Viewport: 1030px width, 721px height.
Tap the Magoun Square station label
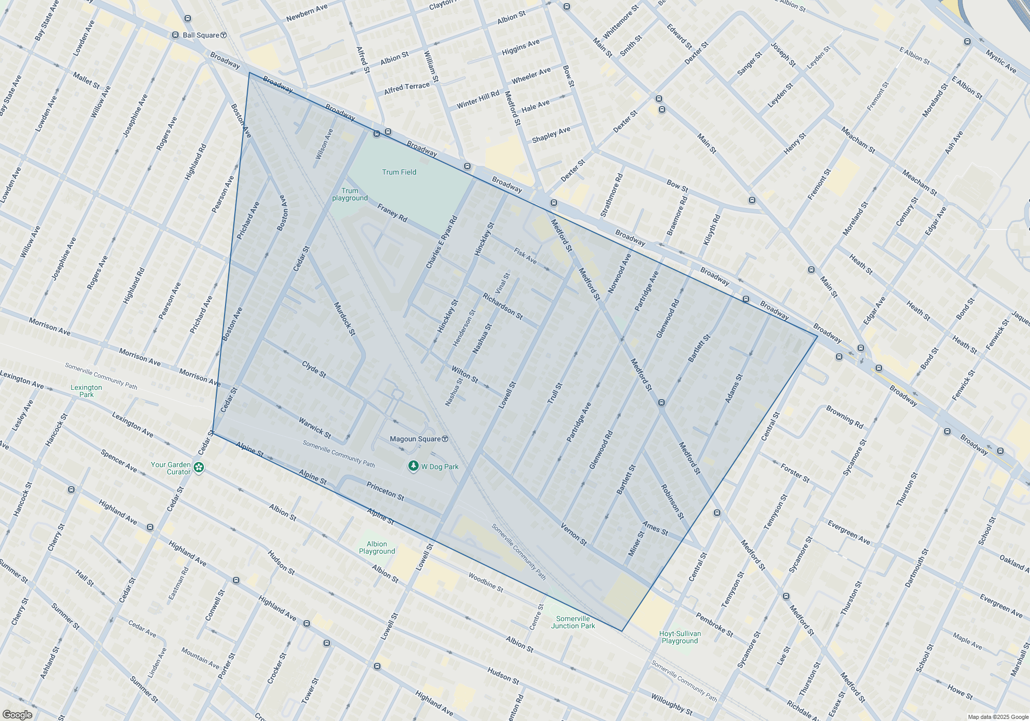pos(415,439)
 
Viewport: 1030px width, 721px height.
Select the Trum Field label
pos(399,172)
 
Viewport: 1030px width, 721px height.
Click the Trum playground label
pos(350,194)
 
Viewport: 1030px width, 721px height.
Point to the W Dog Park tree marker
pos(413,466)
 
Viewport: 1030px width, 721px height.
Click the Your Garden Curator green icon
pos(199,468)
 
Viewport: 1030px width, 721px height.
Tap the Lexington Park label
pos(87,391)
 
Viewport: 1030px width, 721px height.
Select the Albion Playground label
pos(377,547)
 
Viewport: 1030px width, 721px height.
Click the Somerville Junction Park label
pos(573,622)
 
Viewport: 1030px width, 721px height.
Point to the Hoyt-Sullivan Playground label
pos(680,637)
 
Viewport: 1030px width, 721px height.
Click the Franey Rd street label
pos(392,213)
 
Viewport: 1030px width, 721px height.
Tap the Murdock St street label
pos(345,319)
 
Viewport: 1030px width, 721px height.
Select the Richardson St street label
pos(502,306)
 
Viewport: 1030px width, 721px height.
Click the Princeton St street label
pos(385,491)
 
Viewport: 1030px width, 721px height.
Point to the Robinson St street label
pos(672,501)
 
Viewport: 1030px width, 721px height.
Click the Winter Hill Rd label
pos(478,99)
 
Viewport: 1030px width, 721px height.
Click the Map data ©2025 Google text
pos(998,717)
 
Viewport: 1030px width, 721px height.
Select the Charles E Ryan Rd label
pos(441,242)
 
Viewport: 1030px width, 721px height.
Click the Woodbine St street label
pos(485,582)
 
